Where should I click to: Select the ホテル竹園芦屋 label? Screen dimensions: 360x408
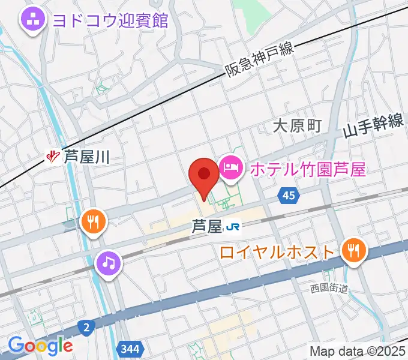click(x=307, y=169)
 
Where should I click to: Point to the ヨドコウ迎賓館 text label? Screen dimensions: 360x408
click(x=110, y=20)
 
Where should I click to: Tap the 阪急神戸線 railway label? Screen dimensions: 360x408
click(x=260, y=59)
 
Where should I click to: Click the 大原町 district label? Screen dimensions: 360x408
click(x=298, y=126)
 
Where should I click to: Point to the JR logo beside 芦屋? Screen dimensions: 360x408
click(x=232, y=227)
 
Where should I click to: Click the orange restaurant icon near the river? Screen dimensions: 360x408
click(x=92, y=221)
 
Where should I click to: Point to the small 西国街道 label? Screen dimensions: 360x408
click(x=329, y=289)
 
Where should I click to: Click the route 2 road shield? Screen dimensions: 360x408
click(x=86, y=327)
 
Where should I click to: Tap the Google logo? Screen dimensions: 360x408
click(x=40, y=346)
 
